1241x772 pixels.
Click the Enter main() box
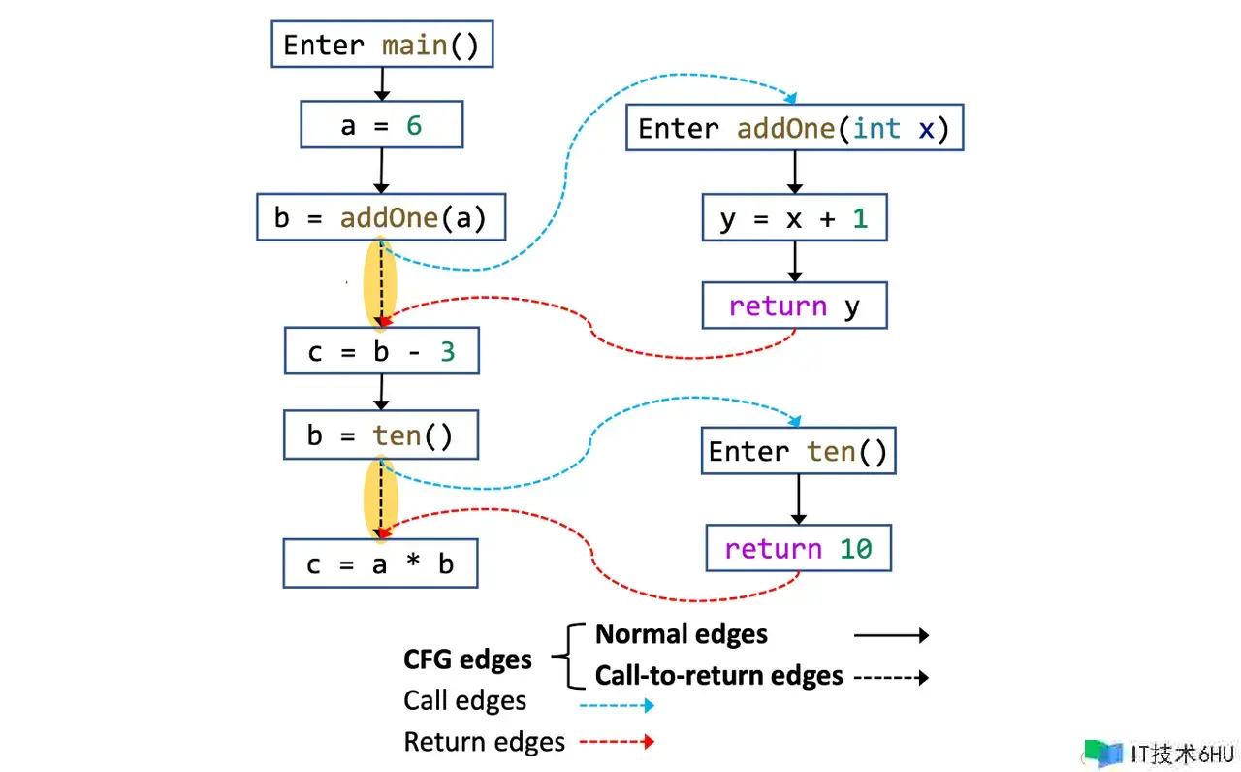click(381, 46)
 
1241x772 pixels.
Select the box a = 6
click(381, 125)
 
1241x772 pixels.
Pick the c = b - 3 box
click(381, 351)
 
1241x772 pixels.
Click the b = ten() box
click(381, 435)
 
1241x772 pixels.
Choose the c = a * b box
click(381, 563)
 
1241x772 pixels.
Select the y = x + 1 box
click(794, 218)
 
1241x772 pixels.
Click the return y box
click(794, 306)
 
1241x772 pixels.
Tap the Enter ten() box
click(798, 451)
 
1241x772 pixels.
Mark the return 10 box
click(798, 549)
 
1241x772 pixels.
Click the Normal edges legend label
click(681, 634)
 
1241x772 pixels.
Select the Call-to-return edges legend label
click(718, 675)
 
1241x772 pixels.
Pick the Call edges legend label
click(464, 701)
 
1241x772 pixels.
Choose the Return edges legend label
click(484, 743)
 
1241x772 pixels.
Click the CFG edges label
click(467, 660)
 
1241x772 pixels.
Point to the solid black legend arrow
click(891, 635)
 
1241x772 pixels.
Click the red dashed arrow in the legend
click(617, 742)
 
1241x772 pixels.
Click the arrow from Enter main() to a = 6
click(381, 84)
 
